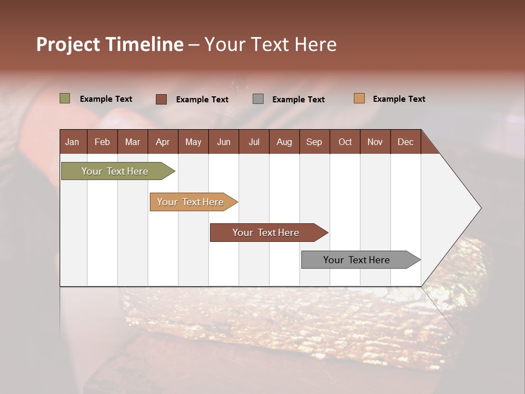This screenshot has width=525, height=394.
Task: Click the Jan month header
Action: (x=72, y=142)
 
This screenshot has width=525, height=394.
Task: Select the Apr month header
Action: (x=162, y=142)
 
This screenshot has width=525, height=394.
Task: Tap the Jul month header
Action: (x=254, y=142)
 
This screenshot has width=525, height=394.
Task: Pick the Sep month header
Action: (x=314, y=142)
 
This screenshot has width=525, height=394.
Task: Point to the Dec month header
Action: (x=405, y=142)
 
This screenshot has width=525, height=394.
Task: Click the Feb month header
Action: (x=102, y=142)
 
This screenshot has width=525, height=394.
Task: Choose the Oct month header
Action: (x=345, y=142)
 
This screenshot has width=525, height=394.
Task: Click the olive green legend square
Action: (x=65, y=99)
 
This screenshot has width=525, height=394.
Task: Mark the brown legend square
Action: (x=161, y=99)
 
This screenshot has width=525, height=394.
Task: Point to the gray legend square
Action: (x=258, y=99)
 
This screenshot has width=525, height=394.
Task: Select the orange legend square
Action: (x=359, y=99)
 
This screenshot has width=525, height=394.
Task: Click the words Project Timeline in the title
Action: (x=110, y=44)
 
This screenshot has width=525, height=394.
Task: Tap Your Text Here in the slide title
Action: (x=270, y=44)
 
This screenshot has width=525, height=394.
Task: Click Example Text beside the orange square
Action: (x=399, y=99)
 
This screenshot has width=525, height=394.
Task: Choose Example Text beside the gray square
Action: (x=298, y=100)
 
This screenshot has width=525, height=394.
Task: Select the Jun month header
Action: (x=224, y=142)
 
